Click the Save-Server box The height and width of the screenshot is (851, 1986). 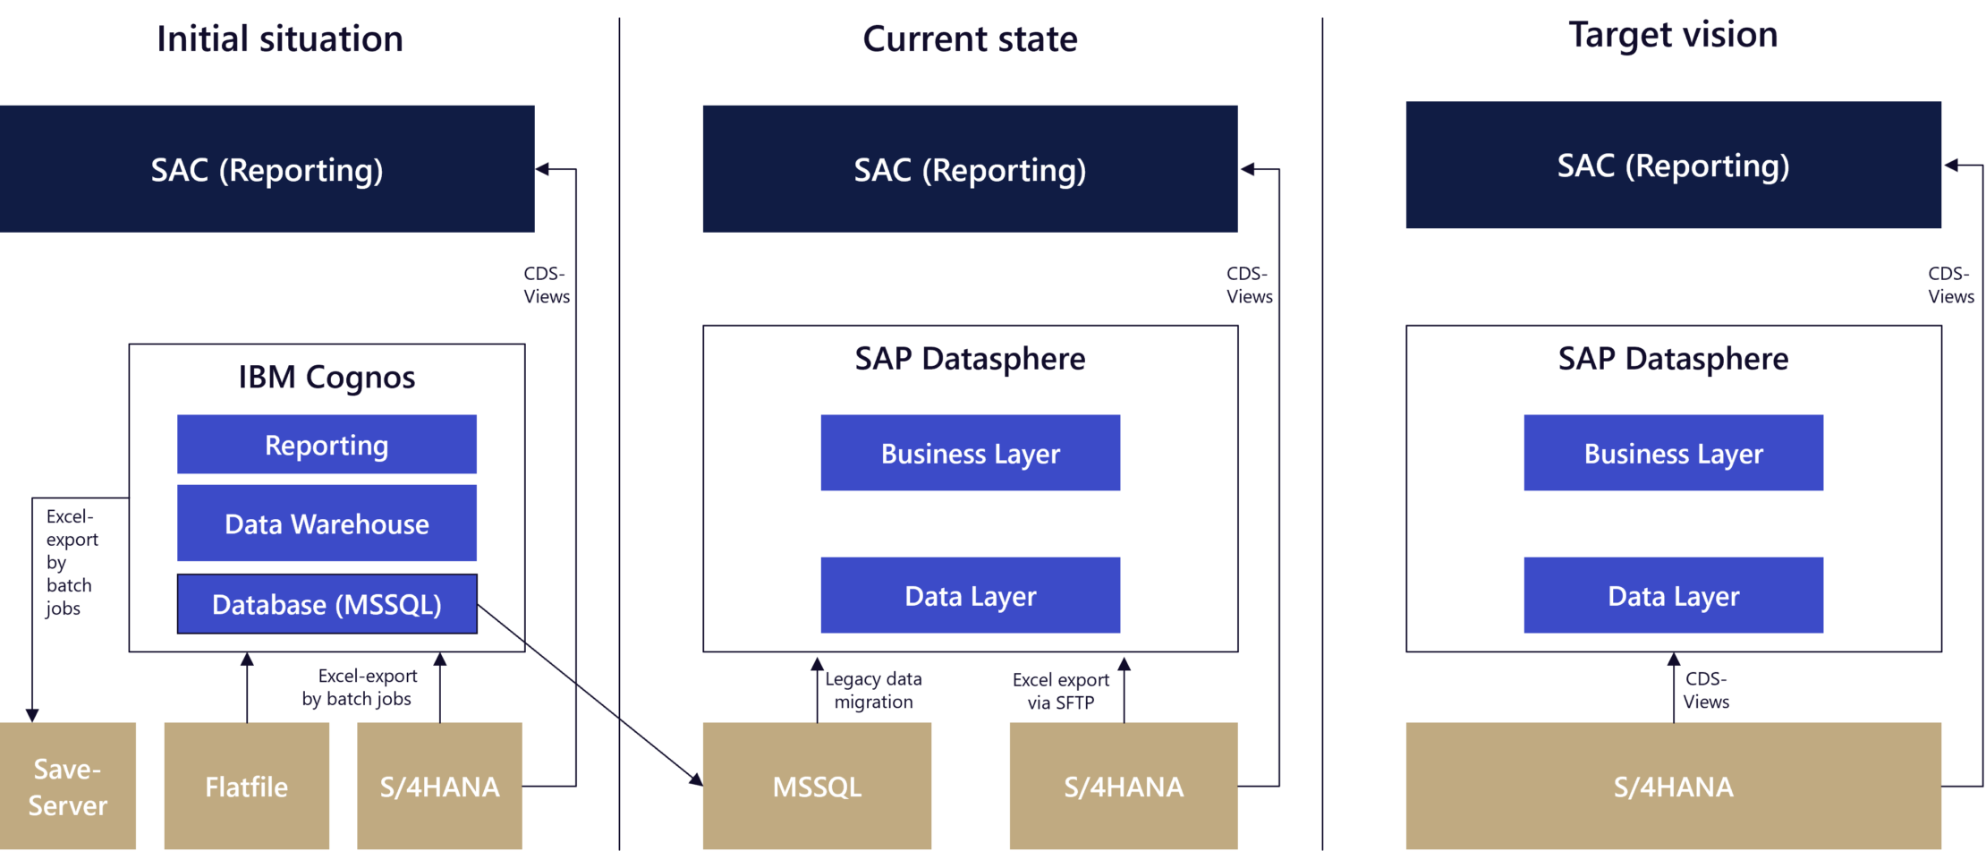coord(68,787)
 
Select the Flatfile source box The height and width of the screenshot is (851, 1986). coord(247,787)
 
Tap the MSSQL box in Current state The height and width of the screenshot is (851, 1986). coord(817,787)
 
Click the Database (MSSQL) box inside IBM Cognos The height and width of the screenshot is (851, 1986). coord(327,604)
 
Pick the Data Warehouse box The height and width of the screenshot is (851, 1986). coord(327,523)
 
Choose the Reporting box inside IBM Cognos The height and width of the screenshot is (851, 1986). coord(327,445)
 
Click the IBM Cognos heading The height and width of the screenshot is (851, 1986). coord(327,377)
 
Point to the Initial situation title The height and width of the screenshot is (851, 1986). coord(279,39)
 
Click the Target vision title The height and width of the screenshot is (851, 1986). coord(1673,36)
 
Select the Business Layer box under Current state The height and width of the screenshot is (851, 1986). coord(970,453)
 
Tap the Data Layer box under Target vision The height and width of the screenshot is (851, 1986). coord(1673,595)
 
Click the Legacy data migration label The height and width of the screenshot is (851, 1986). coord(873,690)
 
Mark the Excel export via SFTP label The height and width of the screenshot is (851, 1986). coord(1061,691)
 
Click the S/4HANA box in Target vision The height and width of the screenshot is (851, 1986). coord(1673,787)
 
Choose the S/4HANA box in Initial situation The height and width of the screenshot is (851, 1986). coord(439,787)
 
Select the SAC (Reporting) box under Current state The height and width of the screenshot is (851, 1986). coord(970,169)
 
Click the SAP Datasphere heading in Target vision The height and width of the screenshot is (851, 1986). coord(1673,359)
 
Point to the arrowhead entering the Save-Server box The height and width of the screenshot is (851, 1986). coord(32,715)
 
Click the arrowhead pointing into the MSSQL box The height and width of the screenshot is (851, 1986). coord(695,780)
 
